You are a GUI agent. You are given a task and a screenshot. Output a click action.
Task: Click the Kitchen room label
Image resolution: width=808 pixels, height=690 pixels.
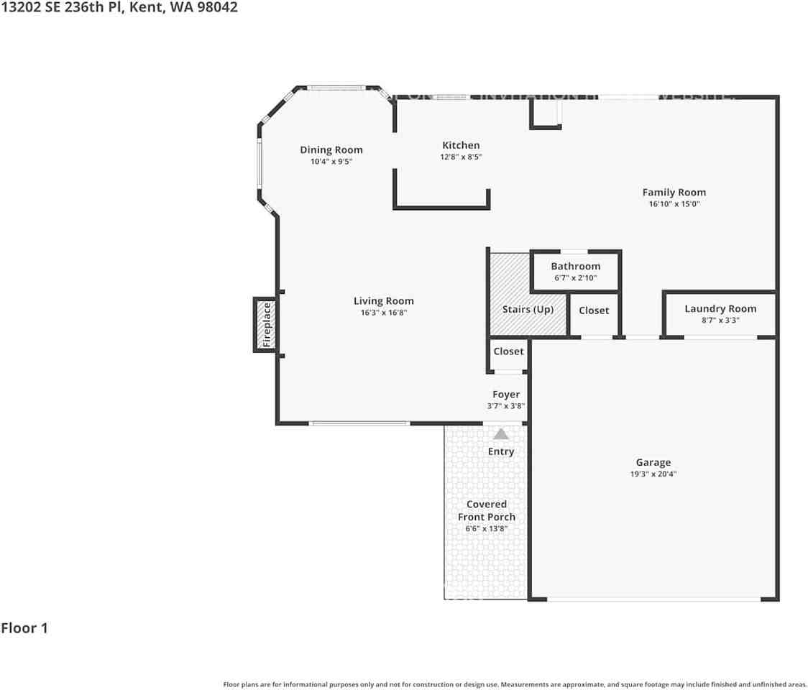point(461,145)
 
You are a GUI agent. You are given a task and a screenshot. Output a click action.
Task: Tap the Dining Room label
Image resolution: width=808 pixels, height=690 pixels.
point(331,150)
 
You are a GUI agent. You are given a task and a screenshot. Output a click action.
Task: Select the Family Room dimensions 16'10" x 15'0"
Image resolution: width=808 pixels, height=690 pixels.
point(674,204)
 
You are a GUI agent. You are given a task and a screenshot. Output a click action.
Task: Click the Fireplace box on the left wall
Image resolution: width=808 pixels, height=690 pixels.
point(266,325)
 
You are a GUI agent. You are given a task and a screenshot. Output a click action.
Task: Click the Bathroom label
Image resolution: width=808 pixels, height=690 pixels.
point(576,266)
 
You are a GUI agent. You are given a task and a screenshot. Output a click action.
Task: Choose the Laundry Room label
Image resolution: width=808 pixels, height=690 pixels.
point(720,308)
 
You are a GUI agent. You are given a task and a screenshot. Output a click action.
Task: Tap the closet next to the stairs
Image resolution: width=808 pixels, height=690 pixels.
point(594,310)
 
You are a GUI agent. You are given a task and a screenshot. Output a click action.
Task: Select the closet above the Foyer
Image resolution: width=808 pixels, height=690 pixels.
point(508,351)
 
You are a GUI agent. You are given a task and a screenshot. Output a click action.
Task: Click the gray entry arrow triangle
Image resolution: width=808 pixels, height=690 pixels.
point(501,434)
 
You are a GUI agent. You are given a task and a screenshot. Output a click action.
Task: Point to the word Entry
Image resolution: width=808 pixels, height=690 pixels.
point(501,451)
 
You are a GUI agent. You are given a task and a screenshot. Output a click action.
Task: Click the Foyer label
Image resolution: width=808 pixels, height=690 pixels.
point(506,395)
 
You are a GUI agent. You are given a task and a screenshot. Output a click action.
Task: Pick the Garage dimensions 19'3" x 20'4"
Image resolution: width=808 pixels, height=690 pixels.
point(653,474)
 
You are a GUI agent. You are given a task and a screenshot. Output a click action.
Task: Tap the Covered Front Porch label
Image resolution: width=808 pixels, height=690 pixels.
point(487,510)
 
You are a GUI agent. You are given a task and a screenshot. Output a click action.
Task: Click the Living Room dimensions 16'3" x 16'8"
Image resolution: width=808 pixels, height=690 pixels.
point(384,313)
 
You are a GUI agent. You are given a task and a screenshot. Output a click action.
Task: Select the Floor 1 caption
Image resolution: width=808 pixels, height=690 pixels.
point(24,628)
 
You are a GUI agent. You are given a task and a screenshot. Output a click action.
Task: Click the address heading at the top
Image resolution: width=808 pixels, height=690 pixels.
point(119,7)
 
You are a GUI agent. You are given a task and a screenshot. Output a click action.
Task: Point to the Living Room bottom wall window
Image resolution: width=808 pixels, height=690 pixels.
point(359,423)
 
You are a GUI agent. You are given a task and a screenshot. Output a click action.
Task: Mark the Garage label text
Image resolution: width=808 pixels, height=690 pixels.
point(653,463)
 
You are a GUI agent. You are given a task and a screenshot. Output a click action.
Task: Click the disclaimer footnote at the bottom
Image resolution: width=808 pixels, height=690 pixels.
point(515,684)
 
